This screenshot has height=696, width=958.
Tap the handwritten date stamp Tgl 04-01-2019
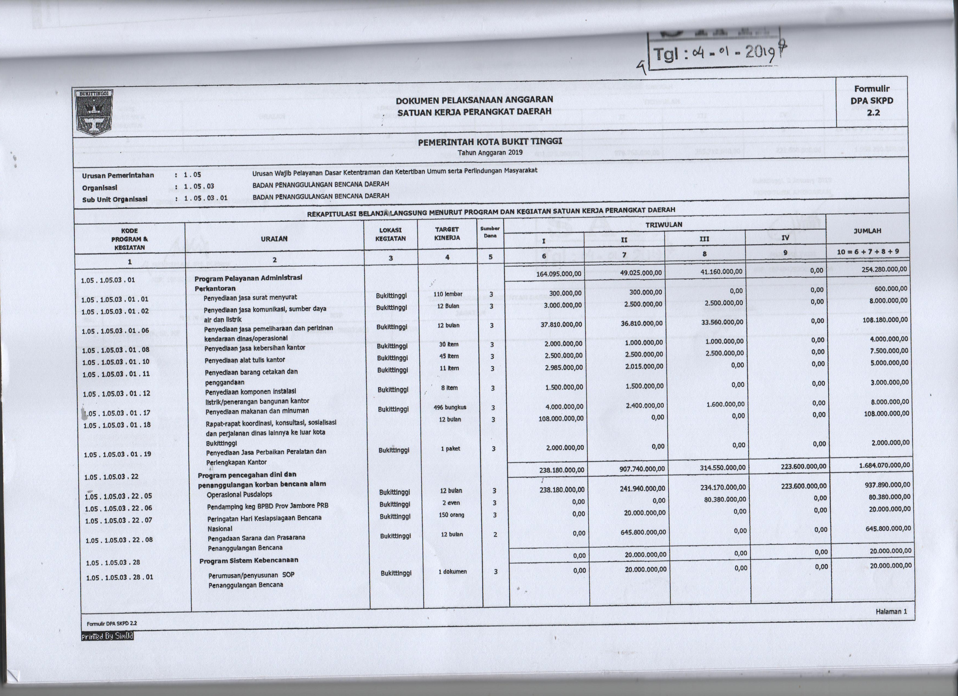click(714, 54)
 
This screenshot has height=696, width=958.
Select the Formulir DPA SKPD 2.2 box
click(872, 101)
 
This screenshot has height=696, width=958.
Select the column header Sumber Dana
click(490, 232)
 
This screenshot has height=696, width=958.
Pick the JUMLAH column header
click(867, 231)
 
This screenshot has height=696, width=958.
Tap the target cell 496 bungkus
click(450, 408)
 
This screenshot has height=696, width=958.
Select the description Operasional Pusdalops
click(240, 495)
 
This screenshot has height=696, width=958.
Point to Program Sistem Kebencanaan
click(249, 560)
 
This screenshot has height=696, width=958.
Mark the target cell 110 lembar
click(447, 294)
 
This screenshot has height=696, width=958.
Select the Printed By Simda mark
click(107, 636)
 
